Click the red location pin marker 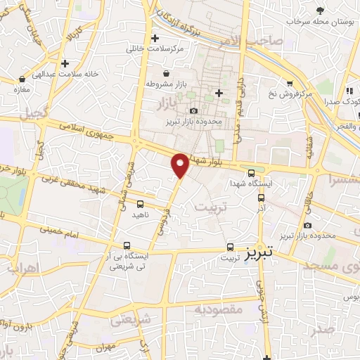pos(180,164)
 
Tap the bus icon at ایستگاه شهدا pos(251,174)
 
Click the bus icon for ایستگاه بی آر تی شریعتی pos(127,246)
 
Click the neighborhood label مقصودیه pos(218,309)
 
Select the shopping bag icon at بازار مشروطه pos(165,73)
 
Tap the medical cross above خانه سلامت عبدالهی pos(65,63)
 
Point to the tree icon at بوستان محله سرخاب pos(321,11)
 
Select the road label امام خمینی pos(60,230)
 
